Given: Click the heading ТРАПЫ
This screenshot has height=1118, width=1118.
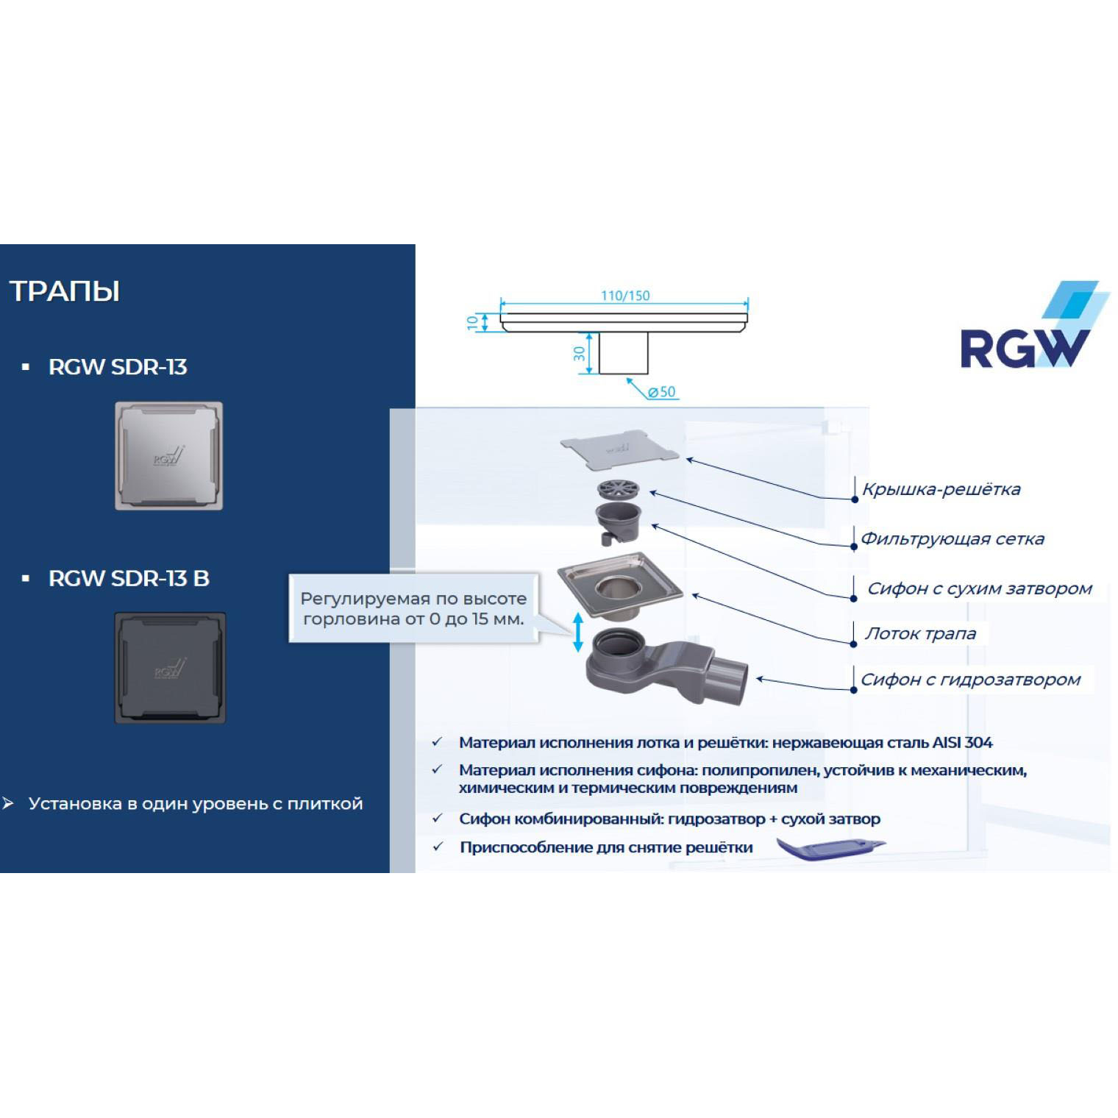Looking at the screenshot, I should [x=65, y=291].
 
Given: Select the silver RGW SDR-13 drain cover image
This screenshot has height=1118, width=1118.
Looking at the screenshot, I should [x=168, y=456].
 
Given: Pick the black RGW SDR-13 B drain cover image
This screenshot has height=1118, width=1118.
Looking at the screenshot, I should [x=170, y=668].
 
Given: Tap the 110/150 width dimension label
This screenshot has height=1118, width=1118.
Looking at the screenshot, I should [x=625, y=296].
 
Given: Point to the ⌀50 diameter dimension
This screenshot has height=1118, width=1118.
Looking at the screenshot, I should [x=662, y=392].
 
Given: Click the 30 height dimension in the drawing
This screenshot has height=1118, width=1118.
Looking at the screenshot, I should [x=580, y=354].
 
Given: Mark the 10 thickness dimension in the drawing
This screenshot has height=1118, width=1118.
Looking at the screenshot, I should [x=472, y=322].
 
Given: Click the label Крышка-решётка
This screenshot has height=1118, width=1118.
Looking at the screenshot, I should [x=941, y=489].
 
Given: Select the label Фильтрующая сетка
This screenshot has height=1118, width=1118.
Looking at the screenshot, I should [x=952, y=539].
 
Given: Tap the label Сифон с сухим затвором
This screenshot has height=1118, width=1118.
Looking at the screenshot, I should [x=979, y=588].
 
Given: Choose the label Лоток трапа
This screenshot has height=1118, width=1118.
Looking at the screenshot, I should [x=920, y=633].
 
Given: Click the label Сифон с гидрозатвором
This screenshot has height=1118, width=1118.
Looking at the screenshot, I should [x=970, y=680].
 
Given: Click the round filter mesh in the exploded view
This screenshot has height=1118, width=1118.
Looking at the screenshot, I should [x=618, y=488].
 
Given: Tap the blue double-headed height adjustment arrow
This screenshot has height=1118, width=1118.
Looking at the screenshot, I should [x=578, y=632].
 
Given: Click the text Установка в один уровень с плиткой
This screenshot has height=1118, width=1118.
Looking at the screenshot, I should [x=196, y=804].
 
